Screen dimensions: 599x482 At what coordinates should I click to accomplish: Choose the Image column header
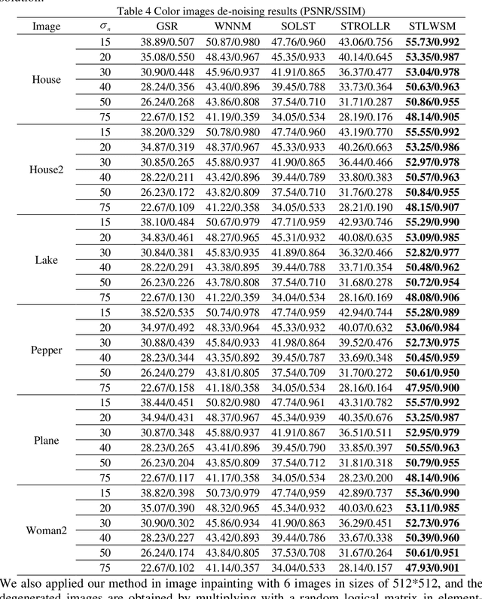pyautogui.click(x=46, y=26)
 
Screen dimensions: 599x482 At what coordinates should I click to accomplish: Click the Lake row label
pyautogui.click(x=46, y=260)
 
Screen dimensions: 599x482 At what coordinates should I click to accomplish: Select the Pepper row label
pyautogui.click(x=46, y=350)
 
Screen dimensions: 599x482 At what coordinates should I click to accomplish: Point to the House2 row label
pyautogui.click(x=46, y=170)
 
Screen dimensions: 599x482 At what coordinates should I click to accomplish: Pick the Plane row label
pyautogui.click(x=46, y=441)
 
